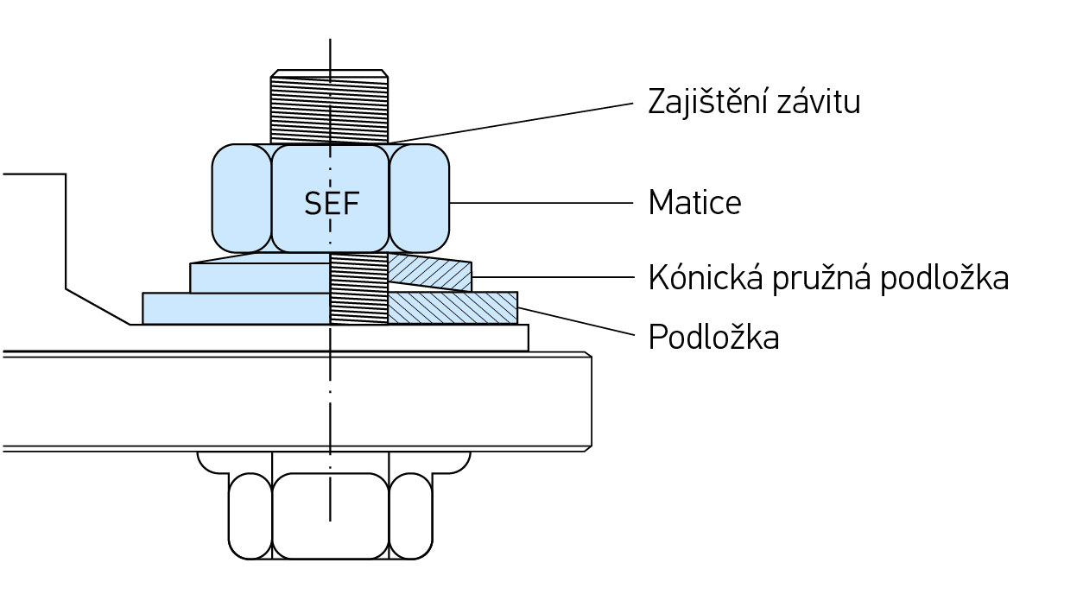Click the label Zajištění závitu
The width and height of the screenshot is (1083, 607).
pos(754,102)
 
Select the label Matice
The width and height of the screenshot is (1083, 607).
pos(694,203)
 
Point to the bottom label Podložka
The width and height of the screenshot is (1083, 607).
pos(713,338)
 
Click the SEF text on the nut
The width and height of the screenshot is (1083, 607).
pos(331,204)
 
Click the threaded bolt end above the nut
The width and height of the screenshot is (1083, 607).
pos(329,109)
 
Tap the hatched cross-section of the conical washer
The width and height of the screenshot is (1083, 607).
pos(429,273)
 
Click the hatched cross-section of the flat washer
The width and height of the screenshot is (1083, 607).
pos(452,308)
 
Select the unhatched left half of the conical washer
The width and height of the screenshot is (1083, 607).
pos(259,277)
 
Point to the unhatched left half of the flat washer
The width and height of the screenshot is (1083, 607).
pos(235,308)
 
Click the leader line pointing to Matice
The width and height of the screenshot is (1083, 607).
pos(541,203)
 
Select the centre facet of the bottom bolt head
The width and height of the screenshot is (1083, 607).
pos(330,515)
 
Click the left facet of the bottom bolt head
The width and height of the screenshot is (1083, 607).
pos(250,515)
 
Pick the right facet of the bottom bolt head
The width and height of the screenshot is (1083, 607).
pos(410,515)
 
